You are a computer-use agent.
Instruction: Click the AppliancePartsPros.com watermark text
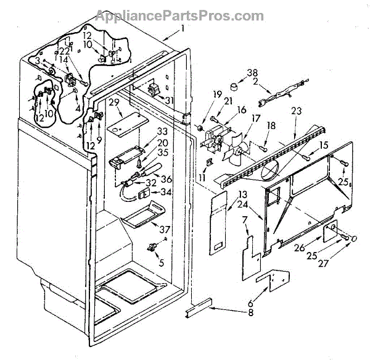click(184, 15)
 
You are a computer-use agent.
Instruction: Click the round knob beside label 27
click(354, 238)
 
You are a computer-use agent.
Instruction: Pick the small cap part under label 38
click(234, 85)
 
